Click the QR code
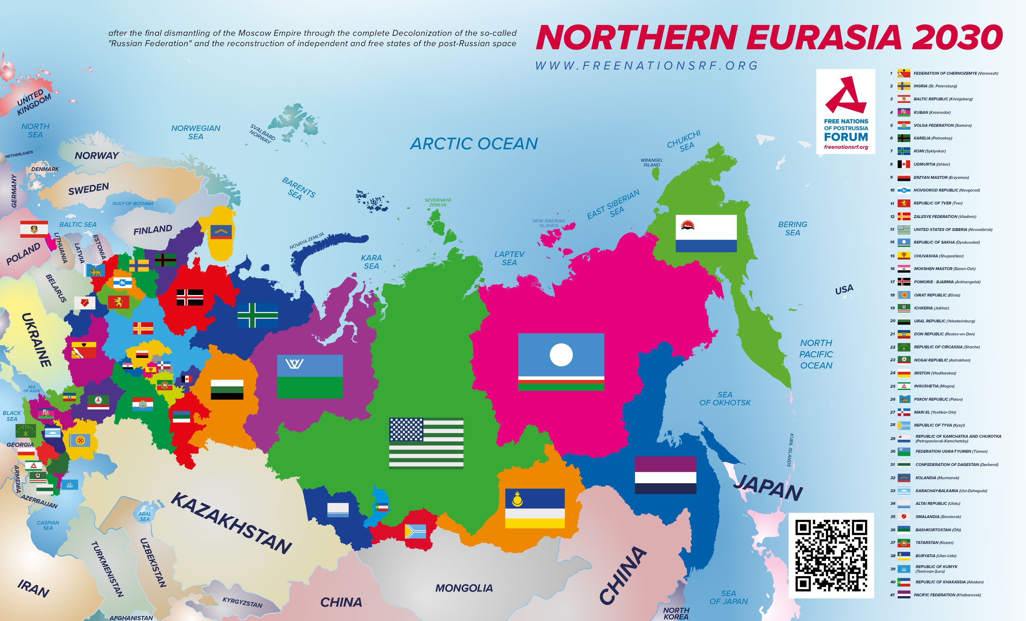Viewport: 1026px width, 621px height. click(831, 556)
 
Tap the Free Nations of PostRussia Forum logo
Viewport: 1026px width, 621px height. click(846, 112)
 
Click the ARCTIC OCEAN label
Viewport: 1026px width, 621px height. click(474, 144)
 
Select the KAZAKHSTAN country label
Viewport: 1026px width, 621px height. click(231, 523)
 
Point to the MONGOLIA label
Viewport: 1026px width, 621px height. click(464, 588)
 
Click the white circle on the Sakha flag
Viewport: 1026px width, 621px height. click(561, 355)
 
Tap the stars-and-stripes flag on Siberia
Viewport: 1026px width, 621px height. click(426, 443)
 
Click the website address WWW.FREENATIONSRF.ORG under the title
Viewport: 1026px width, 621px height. click(646, 66)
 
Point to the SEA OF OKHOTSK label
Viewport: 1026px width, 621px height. click(725, 398)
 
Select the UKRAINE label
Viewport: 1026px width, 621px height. click(37, 340)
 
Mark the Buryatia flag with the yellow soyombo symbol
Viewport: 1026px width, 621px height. click(535, 508)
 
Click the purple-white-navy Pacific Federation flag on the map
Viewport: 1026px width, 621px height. click(665, 475)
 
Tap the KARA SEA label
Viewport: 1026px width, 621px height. click(371, 262)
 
